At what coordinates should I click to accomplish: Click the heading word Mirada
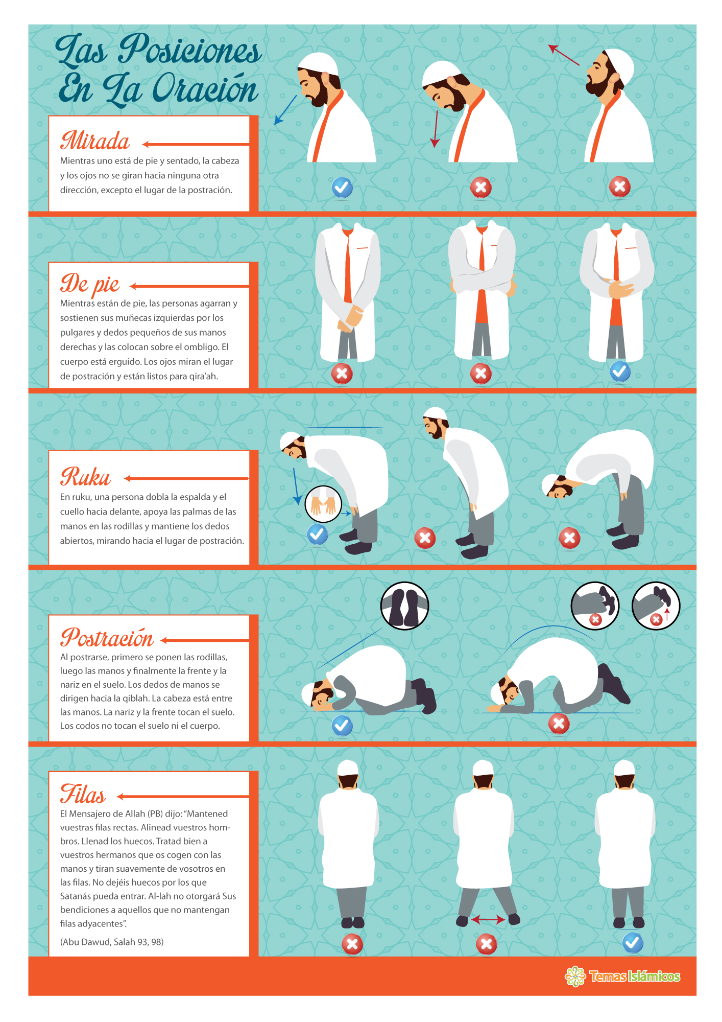tap(95, 141)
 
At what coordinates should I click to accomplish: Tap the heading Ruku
tap(85, 477)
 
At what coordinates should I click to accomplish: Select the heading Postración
tap(107, 637)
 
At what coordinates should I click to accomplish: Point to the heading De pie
tap(90, 285)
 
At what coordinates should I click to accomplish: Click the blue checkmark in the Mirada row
tap(342, 188)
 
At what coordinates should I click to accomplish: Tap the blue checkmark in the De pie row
tap(620, 371)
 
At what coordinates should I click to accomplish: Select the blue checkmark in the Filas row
tap(633, 942)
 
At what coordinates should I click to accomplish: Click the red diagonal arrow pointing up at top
tap(564, 55)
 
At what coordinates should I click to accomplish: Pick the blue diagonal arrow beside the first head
tap(285, 110)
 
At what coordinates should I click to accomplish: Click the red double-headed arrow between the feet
tap(488, 920)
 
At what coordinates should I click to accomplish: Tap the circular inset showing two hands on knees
tap(323, 504)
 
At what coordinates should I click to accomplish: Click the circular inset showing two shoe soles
tap(405, 606)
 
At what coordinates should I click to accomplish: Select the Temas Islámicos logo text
tap(635, 977)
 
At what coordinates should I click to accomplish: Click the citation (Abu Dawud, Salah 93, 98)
tap(112, 942)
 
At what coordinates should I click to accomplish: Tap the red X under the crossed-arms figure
tap(481, 374)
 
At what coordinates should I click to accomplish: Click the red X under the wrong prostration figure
tap(559, 724)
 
